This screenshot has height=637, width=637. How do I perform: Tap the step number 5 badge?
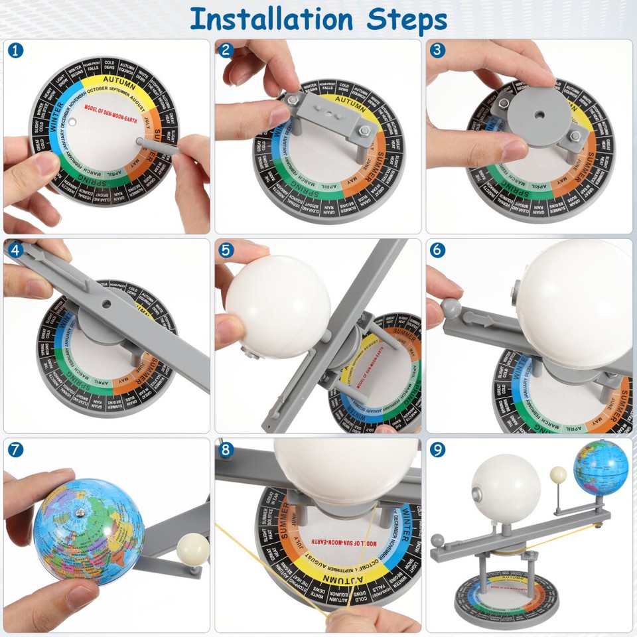(227, 250)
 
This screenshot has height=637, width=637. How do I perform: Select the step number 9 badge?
(437, 449)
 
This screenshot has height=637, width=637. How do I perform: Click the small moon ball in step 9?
(559, 474)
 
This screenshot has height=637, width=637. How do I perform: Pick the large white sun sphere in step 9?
(506, 487)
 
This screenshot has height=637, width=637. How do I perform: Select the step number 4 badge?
(15, 250)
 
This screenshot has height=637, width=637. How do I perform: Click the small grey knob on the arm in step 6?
(450, 307)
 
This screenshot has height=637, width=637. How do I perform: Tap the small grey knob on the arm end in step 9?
(437, 540)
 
